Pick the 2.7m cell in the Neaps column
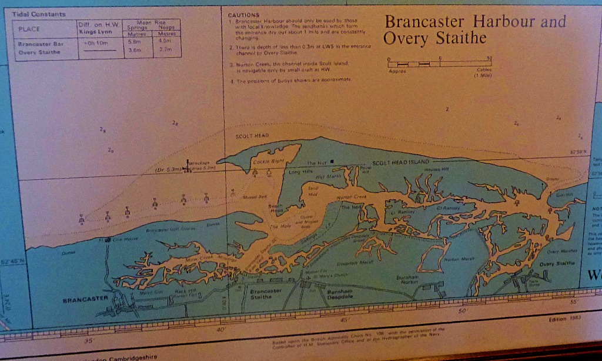[165, 51]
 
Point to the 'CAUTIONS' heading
[243, 14]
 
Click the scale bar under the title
[440, 63]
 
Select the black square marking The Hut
[332, 161]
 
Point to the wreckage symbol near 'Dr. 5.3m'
[189, 166]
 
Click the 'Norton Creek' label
[351, 197]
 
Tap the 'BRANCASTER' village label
[85, 299]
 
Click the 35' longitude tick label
[89, 340]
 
